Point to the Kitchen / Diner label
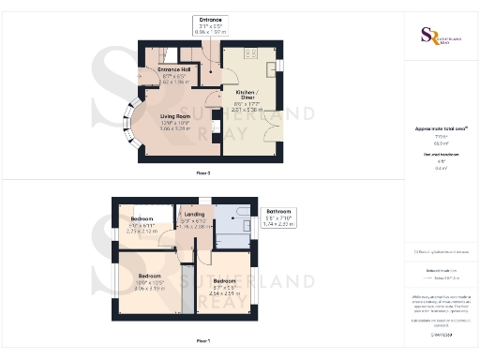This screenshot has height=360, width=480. pyautogui.click(x=250, y=99)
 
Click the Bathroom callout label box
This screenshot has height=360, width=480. pyautogui.click(x=278, y=217)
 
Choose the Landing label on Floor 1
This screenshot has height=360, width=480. pyautogui.click(x=194, y=217)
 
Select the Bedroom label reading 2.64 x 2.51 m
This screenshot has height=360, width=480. pyautogui.click(x=224, y=285)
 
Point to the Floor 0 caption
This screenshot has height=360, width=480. pyautogui.click(x=202, y=173)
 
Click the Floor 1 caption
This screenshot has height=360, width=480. pyautogui.click(x=202, y=340)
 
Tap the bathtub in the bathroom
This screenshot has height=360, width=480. pyautogui.click(x=246, y=225)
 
